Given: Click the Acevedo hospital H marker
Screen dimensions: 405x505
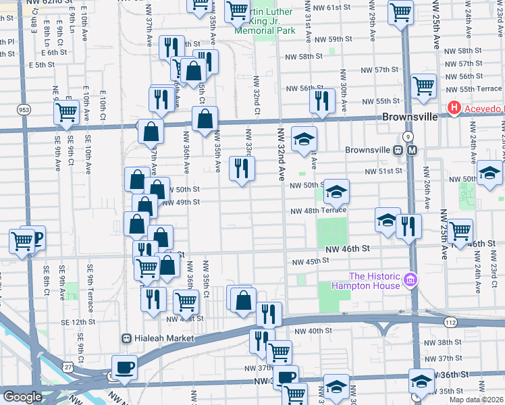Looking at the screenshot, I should pyautogui.click(x=454, y=108).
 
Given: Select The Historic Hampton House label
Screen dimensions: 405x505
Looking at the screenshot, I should pyautogui.click(x=375, y=280).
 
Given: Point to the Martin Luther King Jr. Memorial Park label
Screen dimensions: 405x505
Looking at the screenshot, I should pyautogui.click(x=263, y=22).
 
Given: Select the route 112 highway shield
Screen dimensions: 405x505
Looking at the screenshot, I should pyautogui.click(x=451, y=323).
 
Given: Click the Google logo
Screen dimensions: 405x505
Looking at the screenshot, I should pyautogui.click(x=22, y=397).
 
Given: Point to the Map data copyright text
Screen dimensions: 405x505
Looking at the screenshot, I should pyautogui.click(x=476, y=400).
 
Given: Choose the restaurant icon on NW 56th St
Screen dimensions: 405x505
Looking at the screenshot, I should pyautogui.click(x=322, y=101).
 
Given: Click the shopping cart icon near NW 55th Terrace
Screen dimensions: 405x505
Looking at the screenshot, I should pyautogui.click(x=423, y=86).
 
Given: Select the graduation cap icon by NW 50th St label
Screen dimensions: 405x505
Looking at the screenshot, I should pyautogui.click(x=336, y=192).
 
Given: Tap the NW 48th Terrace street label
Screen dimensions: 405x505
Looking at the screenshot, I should pyautogui.click(x=318, y=211).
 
